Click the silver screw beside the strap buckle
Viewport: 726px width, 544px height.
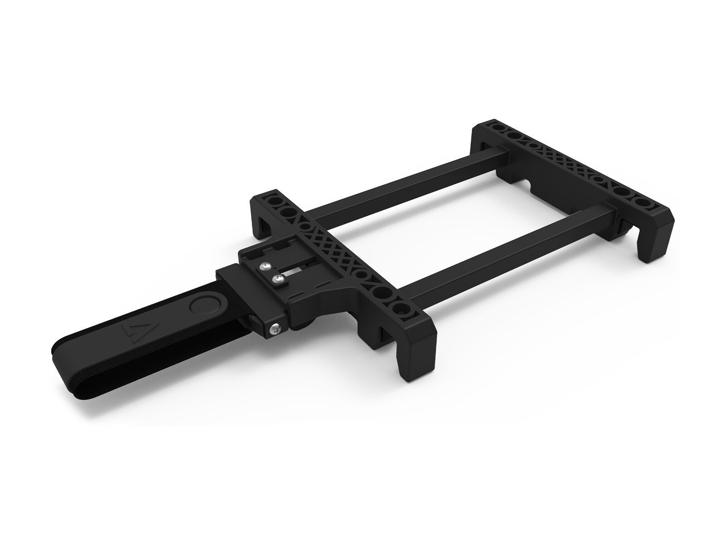[275, 330]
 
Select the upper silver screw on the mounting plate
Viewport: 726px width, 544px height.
[264, 267]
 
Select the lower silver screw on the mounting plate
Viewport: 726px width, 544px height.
[276, 280]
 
